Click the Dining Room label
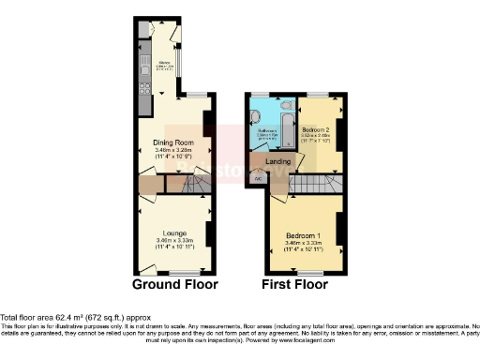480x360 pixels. click(173, 143)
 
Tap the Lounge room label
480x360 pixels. click(174, 232)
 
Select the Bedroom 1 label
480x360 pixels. click(304, 232)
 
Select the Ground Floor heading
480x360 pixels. click(174, 284)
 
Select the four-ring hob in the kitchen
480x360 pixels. click(143, 88)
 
